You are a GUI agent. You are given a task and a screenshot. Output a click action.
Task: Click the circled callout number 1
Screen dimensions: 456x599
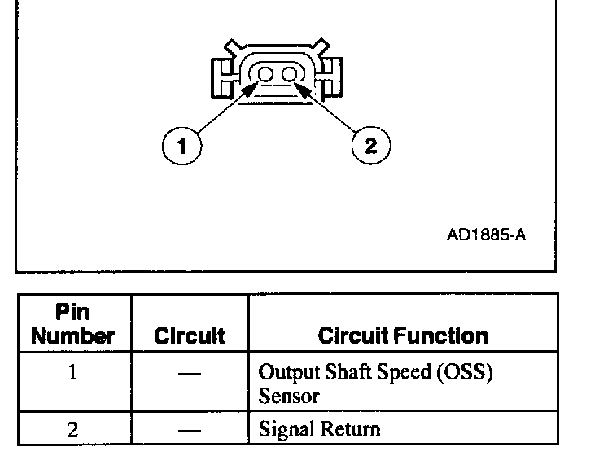pos(181,146)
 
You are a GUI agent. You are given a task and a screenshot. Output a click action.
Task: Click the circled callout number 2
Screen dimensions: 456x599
pos(370,146)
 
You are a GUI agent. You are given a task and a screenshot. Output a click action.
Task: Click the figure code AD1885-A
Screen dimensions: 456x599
pos(486,236)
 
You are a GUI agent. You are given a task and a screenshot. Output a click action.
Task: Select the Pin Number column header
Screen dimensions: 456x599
pos(72,324)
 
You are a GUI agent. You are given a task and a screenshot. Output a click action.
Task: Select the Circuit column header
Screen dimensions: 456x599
pos(189,335)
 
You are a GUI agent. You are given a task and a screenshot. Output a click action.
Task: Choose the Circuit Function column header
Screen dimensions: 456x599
pos(403,335)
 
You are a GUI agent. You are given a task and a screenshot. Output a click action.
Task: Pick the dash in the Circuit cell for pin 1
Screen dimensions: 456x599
pos(189,372)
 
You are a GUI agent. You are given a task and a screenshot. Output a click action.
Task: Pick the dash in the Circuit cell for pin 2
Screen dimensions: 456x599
pos(189,429)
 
